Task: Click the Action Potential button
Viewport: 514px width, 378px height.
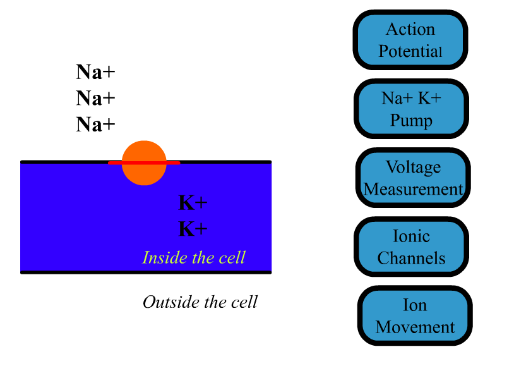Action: tap(410, 40)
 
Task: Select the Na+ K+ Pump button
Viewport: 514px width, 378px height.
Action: tap(411, 109)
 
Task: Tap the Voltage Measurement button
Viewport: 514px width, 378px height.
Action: tap(413, 178)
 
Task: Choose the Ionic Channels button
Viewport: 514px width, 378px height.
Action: tap(411, 247)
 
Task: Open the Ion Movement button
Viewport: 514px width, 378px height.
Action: tap(415, 315)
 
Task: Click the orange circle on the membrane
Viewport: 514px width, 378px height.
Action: tap(144, 163)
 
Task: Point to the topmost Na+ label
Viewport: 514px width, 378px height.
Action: tap(95, 72)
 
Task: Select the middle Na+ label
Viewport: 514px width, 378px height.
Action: tap(95, 98)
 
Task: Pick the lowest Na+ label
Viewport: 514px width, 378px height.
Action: tap(95, 125)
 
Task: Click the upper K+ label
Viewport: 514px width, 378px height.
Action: tap(193, 203)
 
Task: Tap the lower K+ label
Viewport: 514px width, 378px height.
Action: tap(193, 229)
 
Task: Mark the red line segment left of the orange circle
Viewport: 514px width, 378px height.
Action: tap(115, 162)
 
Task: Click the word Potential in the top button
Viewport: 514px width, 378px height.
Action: tap(410, 51)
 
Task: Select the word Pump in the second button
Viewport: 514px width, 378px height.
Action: tap(411, 120)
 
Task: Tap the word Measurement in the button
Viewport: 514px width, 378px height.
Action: tap(413, 190)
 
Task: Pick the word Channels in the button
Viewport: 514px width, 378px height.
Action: tap(411, 259)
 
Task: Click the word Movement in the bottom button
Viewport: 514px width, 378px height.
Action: tap(415, 327)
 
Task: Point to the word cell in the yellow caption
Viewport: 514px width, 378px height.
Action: tap(232, 257)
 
